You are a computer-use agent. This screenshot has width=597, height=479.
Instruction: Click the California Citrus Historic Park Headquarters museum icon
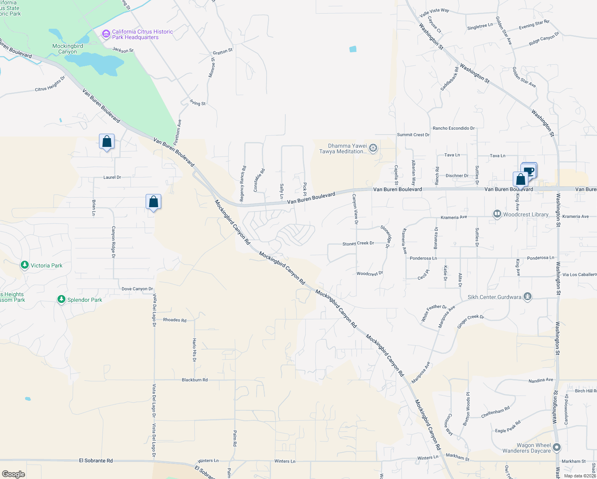click(106, 34)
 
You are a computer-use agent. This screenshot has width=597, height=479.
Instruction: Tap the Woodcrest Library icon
click(497, 214)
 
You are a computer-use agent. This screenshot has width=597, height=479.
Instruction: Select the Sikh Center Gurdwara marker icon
click(528, 297)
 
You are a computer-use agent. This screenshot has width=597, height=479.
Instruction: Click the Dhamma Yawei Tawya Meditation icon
click(373, 148)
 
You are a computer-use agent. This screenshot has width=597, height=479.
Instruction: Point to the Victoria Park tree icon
click(25, 265)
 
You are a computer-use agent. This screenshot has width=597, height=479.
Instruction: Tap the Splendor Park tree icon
click(61, 299)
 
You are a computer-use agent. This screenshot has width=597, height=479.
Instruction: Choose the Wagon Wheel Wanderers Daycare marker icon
click(557, 447)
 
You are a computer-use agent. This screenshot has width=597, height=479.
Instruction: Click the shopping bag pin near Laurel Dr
click(107, 142)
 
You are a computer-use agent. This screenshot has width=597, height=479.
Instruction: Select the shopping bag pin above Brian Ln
click(153, 202)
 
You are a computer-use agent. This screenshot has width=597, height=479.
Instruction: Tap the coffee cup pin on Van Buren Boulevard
click(529, 171)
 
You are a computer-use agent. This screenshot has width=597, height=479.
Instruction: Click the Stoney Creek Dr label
click(358, 243)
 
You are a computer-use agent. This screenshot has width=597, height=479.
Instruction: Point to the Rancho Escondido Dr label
click(454, 128)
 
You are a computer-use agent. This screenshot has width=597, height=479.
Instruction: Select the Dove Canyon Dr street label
click(137, 289)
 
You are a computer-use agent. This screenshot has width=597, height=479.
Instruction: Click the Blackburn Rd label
click(195, 380)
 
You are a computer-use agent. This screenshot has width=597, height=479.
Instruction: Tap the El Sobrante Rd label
click(96, 460)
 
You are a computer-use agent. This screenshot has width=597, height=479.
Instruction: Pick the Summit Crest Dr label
click(413, 135)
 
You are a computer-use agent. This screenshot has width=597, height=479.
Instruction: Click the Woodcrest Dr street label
click(370, 273)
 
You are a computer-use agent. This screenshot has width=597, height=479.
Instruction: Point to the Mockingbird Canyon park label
click(68, 49)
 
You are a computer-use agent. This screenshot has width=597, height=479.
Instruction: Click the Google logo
click(14, 474)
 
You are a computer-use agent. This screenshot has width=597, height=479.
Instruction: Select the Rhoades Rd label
click(175, 320)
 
